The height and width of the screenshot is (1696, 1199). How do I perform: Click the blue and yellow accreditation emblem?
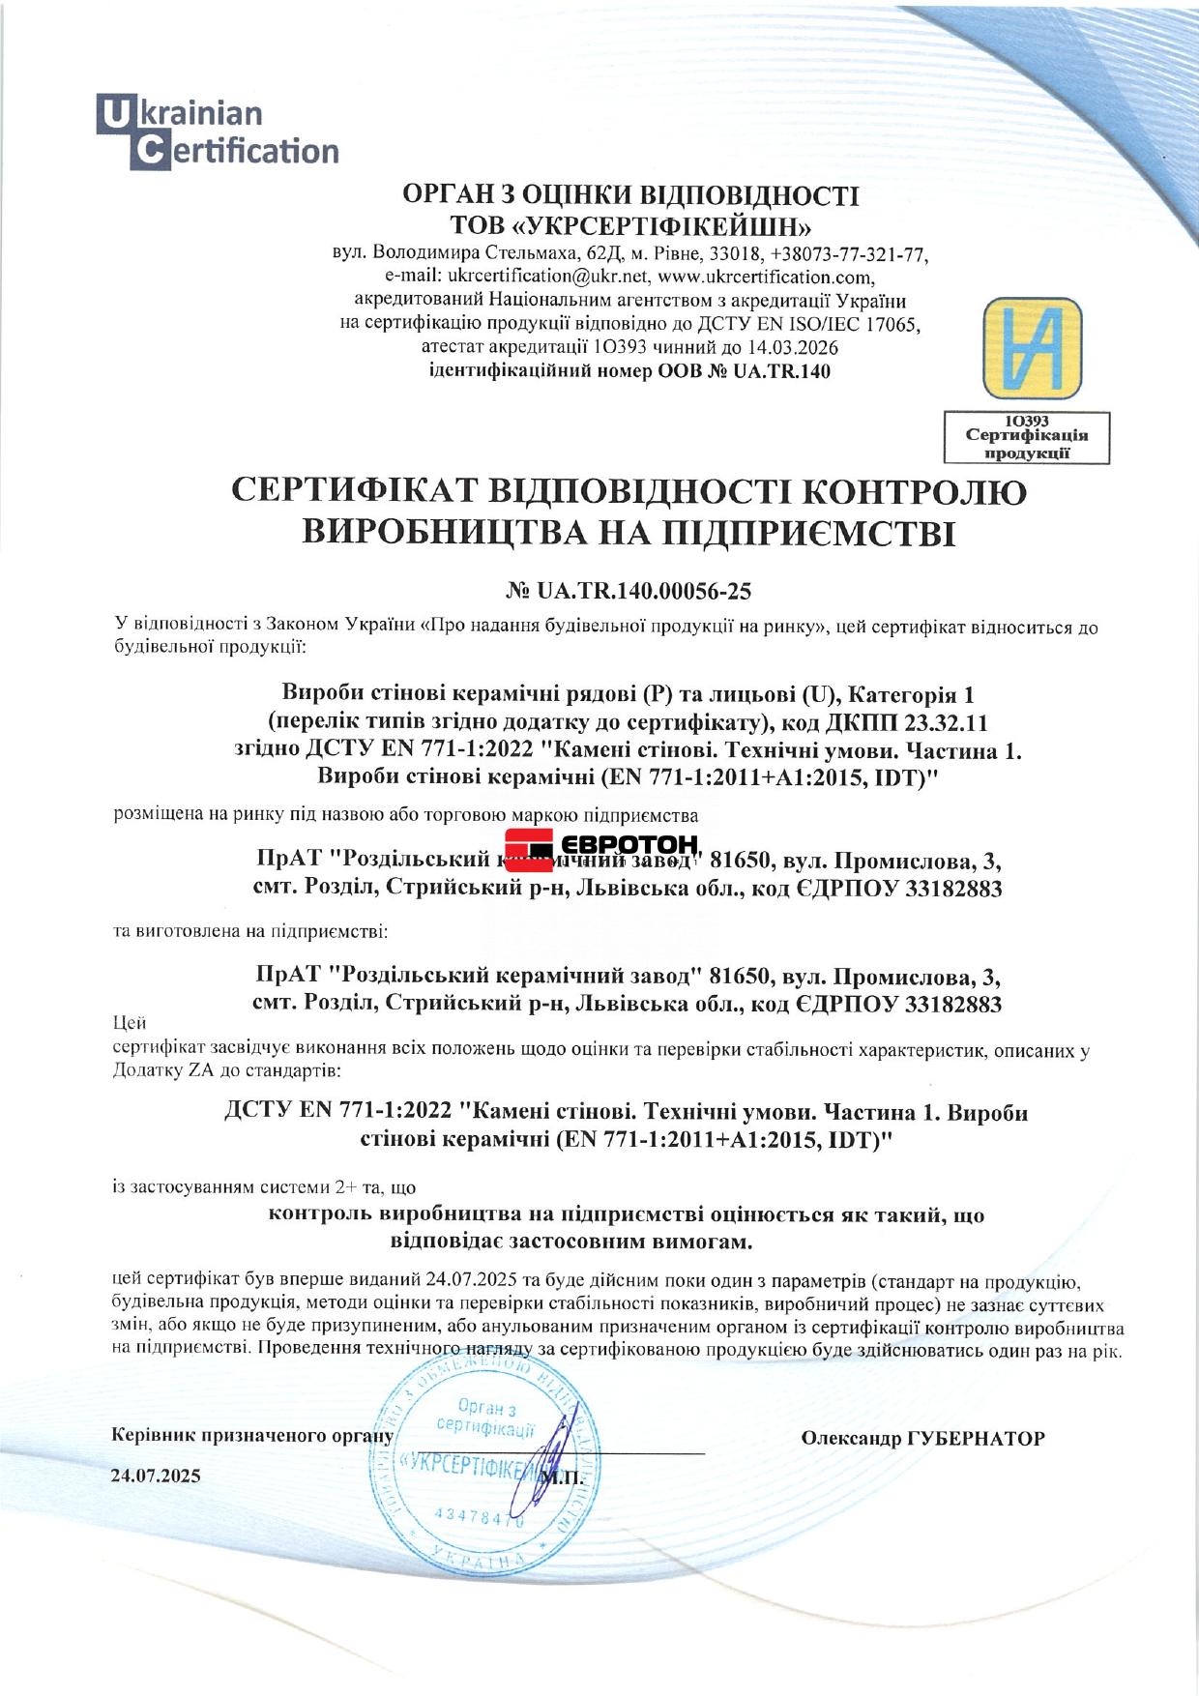click(x=1032, y=348)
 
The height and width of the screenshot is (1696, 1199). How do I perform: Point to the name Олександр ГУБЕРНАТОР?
click(x=922, y=1439)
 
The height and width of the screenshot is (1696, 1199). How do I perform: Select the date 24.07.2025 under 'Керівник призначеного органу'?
click(x=156, y=1476)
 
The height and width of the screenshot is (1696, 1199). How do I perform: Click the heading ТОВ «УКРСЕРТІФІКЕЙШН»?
click(x=630, y=226)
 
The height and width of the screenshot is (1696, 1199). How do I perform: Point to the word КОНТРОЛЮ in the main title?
click(x=916, y=492)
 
